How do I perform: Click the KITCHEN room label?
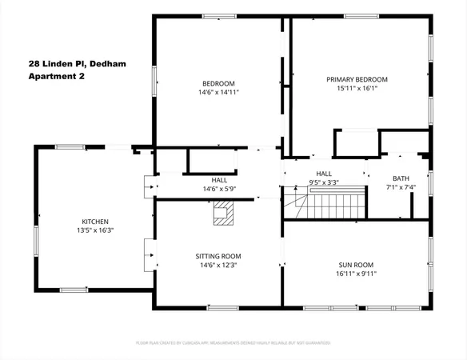pyautogui.click(x=95, y=222)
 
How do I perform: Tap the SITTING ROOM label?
pyautogui.click(x=218, y=256)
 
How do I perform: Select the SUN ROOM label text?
pyautogui.click(x=357, y=264)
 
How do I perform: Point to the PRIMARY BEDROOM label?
pyautogui.click(x=357, y=79)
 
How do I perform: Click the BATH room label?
pyautogui.click(x=401, y=178)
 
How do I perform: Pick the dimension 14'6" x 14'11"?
pyautogui.click(x=218, y=92)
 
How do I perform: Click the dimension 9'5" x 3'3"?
pyautogui.click(x=323, y=182)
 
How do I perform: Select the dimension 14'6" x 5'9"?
pyautogui.click(x=218, y=189)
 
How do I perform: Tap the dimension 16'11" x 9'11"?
pyautogui.click(x=357, y=273)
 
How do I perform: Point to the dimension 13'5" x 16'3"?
pyautogui.click(x=95, y=230)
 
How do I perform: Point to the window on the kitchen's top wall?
pyautogui.click(x=70, y=146)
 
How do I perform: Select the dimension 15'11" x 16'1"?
pyautogui.click(x=357, y=89)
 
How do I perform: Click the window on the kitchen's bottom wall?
pyautogui.click(x=74, y=289)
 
